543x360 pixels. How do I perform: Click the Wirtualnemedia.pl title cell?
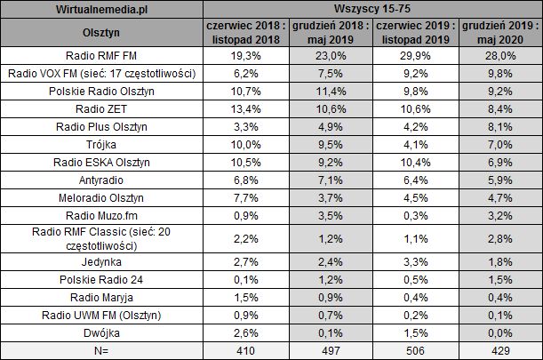point(101,7)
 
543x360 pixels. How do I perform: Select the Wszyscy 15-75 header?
point(371,7)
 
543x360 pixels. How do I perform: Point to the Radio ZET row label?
point(101,110)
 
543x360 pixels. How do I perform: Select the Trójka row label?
point(101,145)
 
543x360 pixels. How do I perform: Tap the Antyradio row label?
point(101,179)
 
